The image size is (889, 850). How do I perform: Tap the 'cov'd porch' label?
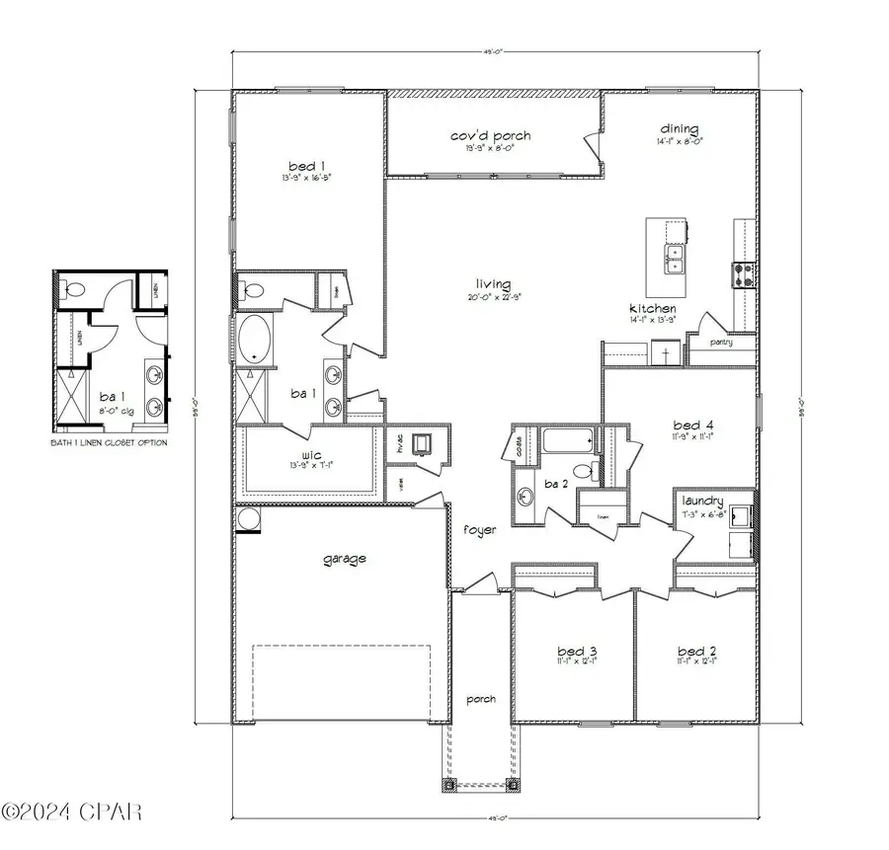491,135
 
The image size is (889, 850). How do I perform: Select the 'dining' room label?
680,128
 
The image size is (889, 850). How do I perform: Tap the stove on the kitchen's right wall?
745,273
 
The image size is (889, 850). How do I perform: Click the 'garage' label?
345,559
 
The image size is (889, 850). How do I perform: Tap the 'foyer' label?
479,529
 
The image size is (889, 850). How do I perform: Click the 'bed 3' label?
577,652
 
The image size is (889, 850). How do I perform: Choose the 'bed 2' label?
696,652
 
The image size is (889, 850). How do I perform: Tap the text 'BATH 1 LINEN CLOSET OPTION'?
109,443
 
